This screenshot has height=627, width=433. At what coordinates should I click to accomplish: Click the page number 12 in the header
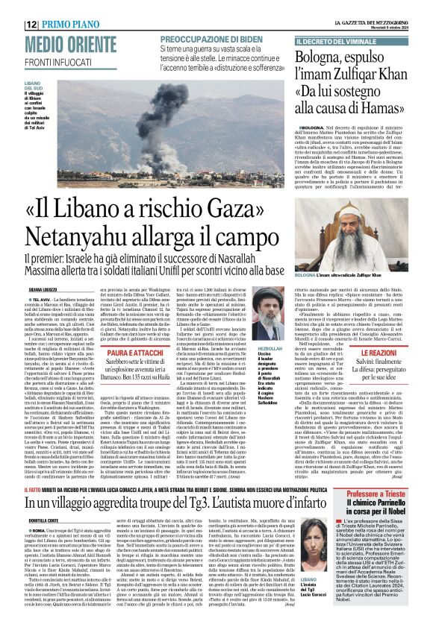31,7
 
